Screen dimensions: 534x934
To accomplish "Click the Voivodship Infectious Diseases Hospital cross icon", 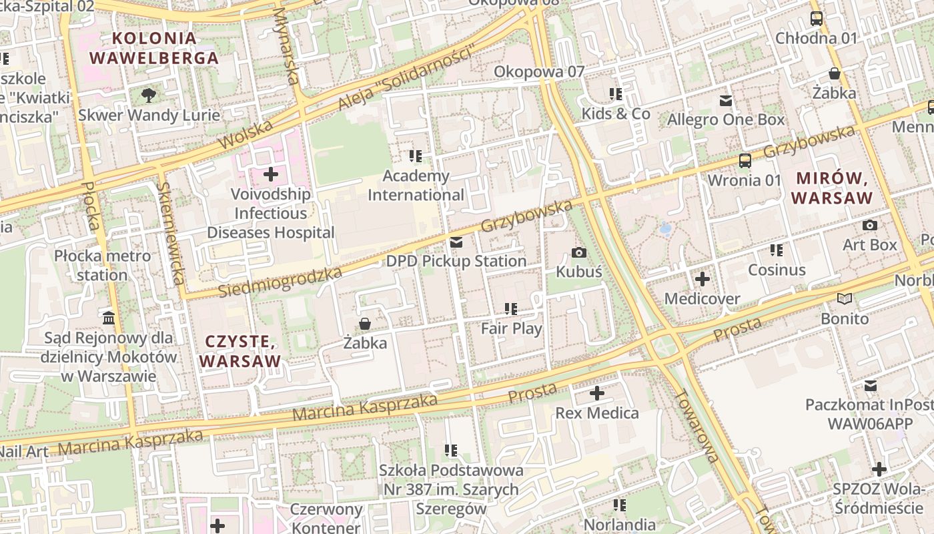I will coord(271,175).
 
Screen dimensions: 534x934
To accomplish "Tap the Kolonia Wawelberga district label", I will coord(154,48).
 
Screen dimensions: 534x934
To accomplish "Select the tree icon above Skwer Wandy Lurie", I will coord(149,95).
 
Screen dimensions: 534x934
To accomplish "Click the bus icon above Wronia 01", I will coord(745,161).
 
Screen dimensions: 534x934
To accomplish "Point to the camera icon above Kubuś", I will coord(579,252).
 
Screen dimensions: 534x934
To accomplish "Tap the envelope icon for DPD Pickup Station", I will coord(456,242).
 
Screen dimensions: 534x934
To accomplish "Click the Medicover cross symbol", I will coord(702,279).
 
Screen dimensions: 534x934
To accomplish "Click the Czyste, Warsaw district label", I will coord(240,352).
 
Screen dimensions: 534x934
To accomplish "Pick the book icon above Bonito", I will coord(845,299).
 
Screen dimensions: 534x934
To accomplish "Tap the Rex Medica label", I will coord(597,413).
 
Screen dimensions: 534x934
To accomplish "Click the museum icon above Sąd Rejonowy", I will coord(109,318).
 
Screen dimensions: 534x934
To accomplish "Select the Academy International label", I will coord(416,186).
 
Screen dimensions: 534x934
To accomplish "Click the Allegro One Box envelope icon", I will coord(725,101).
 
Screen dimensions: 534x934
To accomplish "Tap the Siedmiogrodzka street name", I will coord(280,282).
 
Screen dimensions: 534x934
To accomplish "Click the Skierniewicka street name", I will coord(172,234).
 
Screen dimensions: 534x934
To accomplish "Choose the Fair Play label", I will coord(512,328).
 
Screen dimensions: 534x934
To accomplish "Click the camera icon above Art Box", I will coord(869,226).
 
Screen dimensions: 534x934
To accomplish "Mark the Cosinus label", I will coord(777,270).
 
